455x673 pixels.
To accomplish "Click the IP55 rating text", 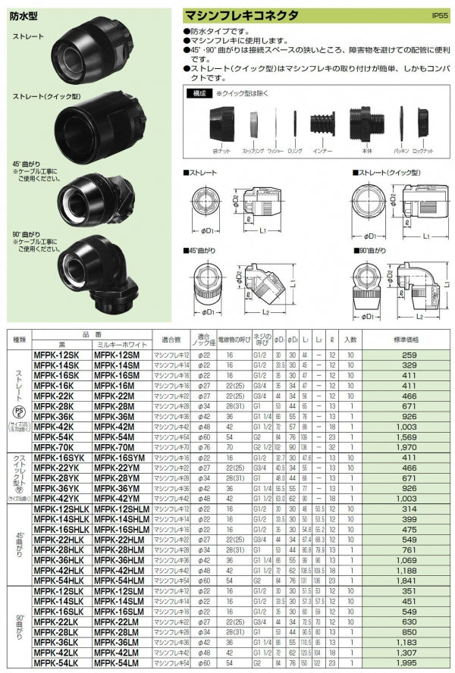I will coord(440,15).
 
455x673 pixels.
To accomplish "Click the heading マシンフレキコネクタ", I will coord(242,15).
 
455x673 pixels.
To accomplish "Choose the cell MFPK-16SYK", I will coord(58,459).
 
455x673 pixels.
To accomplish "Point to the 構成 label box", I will coord(200,94).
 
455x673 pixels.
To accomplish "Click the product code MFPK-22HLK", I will coord(59,540).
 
